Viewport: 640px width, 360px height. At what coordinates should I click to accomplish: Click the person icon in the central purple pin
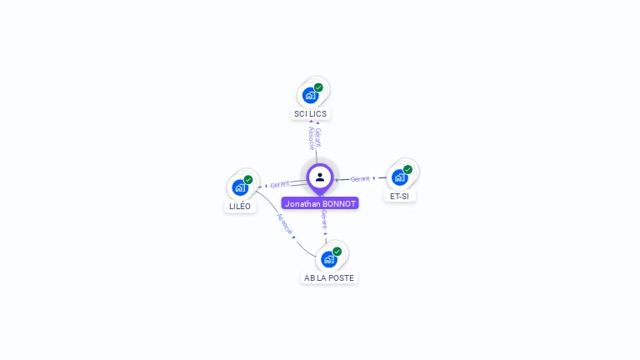pos(320,177)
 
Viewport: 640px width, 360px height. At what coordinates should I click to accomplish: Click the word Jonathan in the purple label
pos(302,203)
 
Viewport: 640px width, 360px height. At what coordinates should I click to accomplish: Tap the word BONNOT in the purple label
pos(338,203)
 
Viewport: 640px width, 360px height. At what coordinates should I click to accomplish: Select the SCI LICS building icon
pos(311,95)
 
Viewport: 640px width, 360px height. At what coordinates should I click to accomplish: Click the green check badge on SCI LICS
pos(318,87)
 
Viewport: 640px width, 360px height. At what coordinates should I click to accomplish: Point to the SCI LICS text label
pos(312,113)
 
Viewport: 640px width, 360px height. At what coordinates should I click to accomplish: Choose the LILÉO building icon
pos(240,187)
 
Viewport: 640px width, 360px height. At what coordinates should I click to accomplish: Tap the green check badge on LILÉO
pos(247,180)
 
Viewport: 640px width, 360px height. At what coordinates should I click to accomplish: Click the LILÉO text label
pos(239,206)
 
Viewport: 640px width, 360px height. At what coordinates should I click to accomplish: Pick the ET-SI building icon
pos(400,177)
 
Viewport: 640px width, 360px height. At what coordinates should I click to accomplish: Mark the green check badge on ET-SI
pos(407,170)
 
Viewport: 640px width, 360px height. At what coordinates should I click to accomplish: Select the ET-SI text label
pos(400,197)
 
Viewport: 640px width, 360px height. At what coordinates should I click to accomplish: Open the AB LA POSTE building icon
pos(329,259)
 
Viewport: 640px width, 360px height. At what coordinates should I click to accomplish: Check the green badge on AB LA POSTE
pos(337,252)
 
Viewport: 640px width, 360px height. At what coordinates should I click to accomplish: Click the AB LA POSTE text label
pos(329,277)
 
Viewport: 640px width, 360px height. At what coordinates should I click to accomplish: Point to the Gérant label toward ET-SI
pos(360,179)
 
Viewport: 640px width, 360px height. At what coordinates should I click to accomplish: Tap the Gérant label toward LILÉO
pos(280,184)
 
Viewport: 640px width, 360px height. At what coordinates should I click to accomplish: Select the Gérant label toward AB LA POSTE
pos(323,220)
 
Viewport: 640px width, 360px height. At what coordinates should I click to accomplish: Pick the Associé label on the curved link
pos(284,224)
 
